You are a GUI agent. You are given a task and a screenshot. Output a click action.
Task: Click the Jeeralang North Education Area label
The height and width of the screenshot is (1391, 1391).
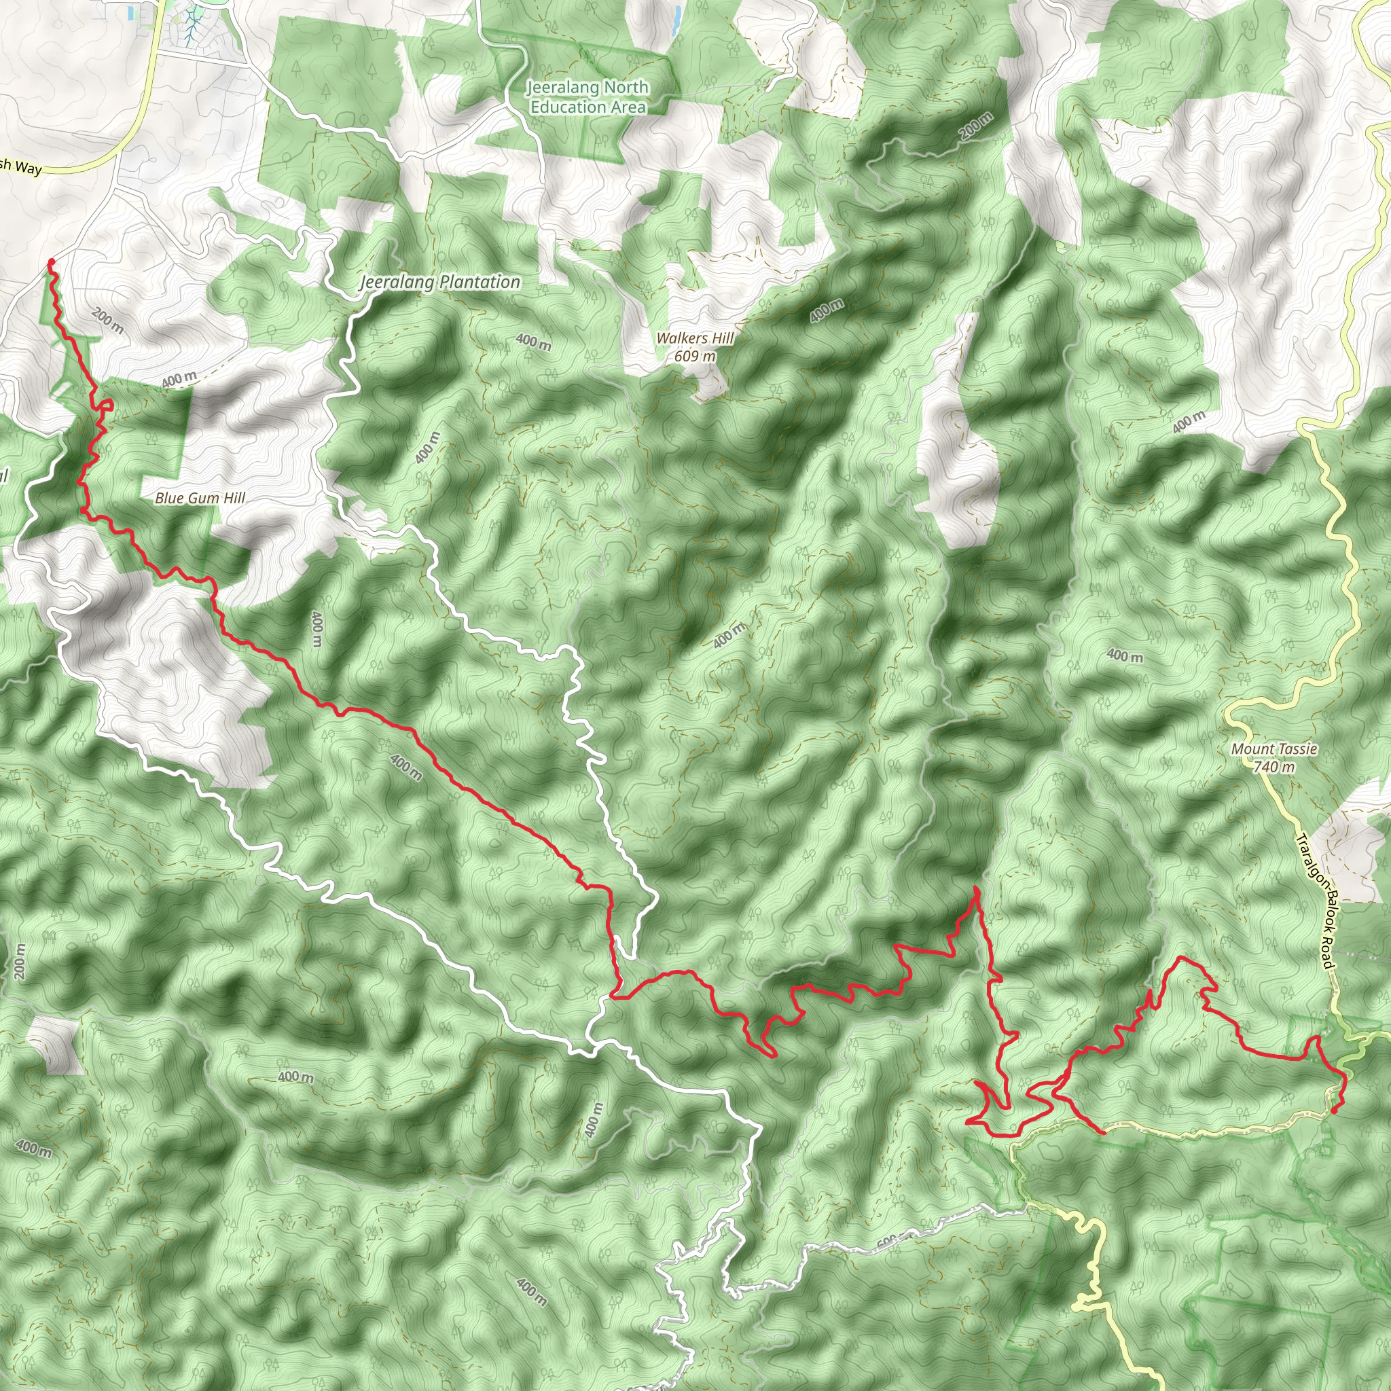(588, 97)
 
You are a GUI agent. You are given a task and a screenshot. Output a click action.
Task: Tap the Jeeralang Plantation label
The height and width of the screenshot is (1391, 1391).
(440, 283)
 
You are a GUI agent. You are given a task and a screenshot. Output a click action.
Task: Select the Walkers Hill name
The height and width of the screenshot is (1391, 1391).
(695, 338)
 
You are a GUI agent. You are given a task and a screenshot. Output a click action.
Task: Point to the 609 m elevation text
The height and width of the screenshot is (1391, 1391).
(695, 356)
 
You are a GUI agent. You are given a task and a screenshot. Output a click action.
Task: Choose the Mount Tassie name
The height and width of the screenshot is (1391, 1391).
(1273, 748)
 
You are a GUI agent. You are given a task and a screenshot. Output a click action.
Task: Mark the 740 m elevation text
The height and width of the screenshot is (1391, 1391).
(1273, 767)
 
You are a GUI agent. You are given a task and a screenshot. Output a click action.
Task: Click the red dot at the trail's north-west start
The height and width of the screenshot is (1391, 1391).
(51, 261)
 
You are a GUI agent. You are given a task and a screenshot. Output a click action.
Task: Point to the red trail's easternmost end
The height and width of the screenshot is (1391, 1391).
(1335, 1111)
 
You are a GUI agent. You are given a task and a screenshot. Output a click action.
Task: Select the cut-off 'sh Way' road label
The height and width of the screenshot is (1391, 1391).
(21, 167)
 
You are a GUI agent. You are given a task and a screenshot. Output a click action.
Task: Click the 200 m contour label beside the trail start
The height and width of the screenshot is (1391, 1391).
(108, 321)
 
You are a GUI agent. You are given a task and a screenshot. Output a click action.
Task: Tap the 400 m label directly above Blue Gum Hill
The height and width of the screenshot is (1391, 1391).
(179, 379)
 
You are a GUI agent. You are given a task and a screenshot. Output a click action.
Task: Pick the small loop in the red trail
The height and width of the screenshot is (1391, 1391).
(107, 405)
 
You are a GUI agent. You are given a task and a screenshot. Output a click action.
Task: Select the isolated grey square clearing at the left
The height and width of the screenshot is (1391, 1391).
(52, 1045)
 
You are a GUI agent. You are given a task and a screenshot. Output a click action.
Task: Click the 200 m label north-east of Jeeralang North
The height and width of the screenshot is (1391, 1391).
(975, 127)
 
